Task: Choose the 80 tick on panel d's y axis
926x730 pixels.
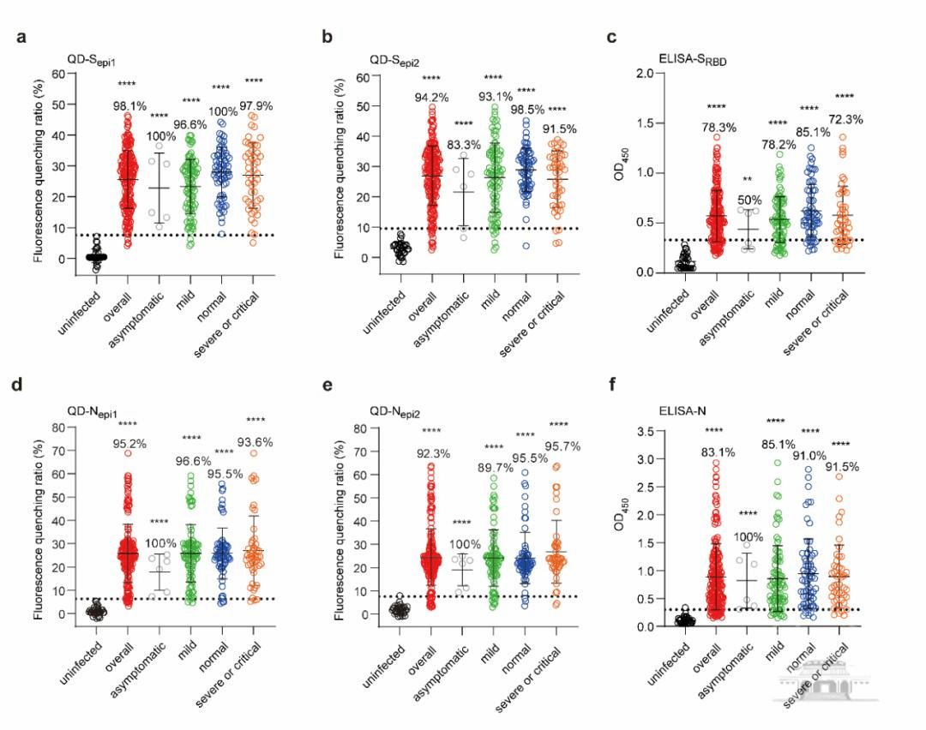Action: click(x=58, y=429)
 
